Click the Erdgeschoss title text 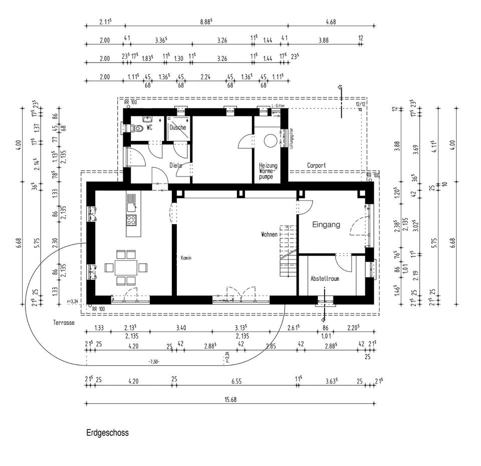pyautogui.click(x=107, y=432)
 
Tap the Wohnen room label pyautogui.click(x=269, y=234)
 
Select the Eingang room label pyautogui.click(x=327, y=225)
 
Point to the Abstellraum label pyautogui.click(x=325, y=278)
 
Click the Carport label pyautogui.click(x=316, y=165)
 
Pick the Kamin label pyautogui.click(x=186, y=258)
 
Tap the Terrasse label pyautogui.click(x=64, y=323)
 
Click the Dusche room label pyautogui.click(x=178, y=127)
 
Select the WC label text pyautogui.click(x=149, y=128)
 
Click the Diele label pyautogui.click(x=175, y=165)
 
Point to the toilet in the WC pyautogui.click(x=129, y=128)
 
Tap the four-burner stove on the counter pyautogui.click(x=132, y=219)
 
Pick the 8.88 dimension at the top pyautogui.click(x=206, y=22)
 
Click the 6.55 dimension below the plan pyautogui.click(x=236, y=381)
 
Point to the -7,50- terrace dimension pyautogui.click(x=154, y=361)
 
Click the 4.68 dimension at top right pyautogui.click(x=331, y=22)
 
